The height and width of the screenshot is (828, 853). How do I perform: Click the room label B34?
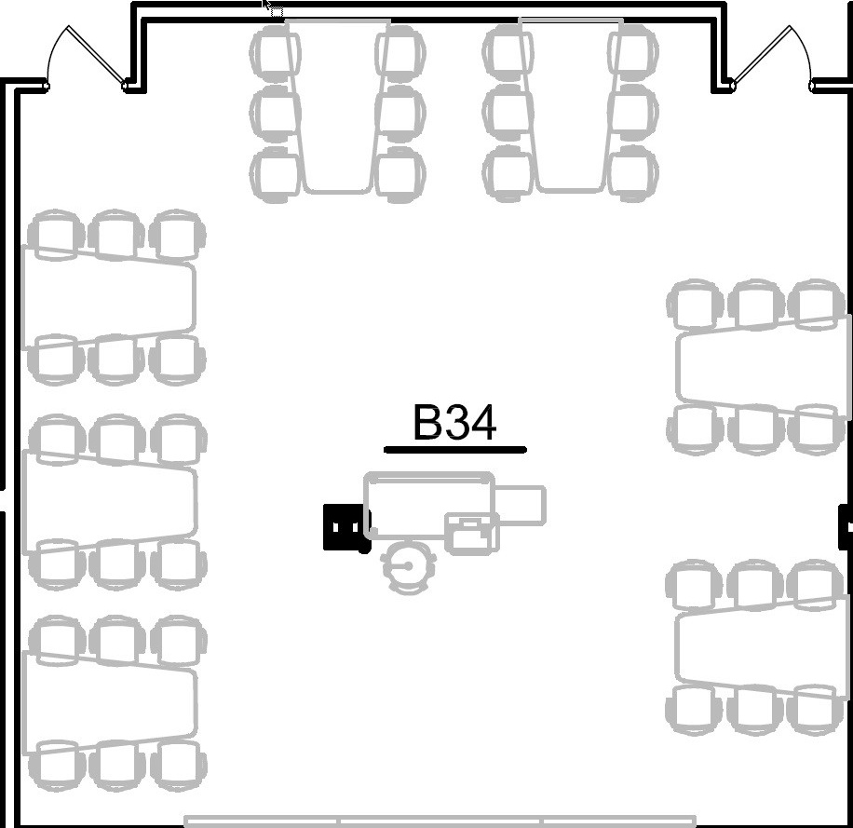[x=454, y=423]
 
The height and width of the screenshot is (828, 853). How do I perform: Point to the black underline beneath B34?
[x=454, y=449]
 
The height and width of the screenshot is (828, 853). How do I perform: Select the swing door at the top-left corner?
[x=87, y=58]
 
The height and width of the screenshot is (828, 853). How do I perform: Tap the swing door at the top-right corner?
[x=773, y=58]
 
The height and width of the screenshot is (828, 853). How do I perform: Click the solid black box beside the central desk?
[x=344, y=527]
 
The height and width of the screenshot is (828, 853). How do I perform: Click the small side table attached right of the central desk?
[x=521, y=506]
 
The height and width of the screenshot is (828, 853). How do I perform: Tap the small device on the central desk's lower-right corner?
[x=472, y=534]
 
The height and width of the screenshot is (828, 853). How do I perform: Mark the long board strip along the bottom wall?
[x=440, y=821]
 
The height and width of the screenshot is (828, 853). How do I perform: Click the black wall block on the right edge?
[x=846, y=526]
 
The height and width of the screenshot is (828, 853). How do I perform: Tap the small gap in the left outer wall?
[x=3, y=500]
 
